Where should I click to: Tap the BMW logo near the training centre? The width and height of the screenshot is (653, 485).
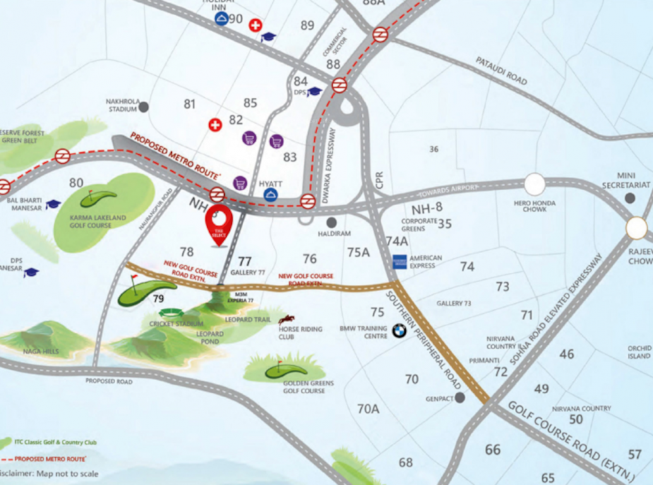(x=399, y=330)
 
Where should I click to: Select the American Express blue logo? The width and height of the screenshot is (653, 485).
(x=399, y=261)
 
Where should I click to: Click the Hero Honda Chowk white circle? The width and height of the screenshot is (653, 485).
(x=535, y=184)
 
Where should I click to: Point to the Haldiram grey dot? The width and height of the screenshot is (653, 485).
(x=332, y=222)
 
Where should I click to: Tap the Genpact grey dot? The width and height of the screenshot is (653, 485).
(x=460, y=397)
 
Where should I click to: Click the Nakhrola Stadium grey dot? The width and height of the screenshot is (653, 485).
(x=144, y=107)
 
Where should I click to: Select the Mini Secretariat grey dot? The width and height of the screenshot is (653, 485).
(x=630, y=198)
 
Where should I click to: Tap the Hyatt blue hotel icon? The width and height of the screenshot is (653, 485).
(x=271, y=195)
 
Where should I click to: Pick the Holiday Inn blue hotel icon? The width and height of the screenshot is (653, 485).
(x=221, y=18)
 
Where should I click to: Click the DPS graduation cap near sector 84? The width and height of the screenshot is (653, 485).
(x=315, y=92)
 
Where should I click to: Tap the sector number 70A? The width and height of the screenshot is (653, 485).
(x=368, y=409)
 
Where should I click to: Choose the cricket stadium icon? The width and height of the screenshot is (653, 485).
(x=171, y=312)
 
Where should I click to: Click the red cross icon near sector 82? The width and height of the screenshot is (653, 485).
(x=215, y=125)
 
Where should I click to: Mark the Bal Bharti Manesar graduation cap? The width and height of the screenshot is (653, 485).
(x=53, y=204)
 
